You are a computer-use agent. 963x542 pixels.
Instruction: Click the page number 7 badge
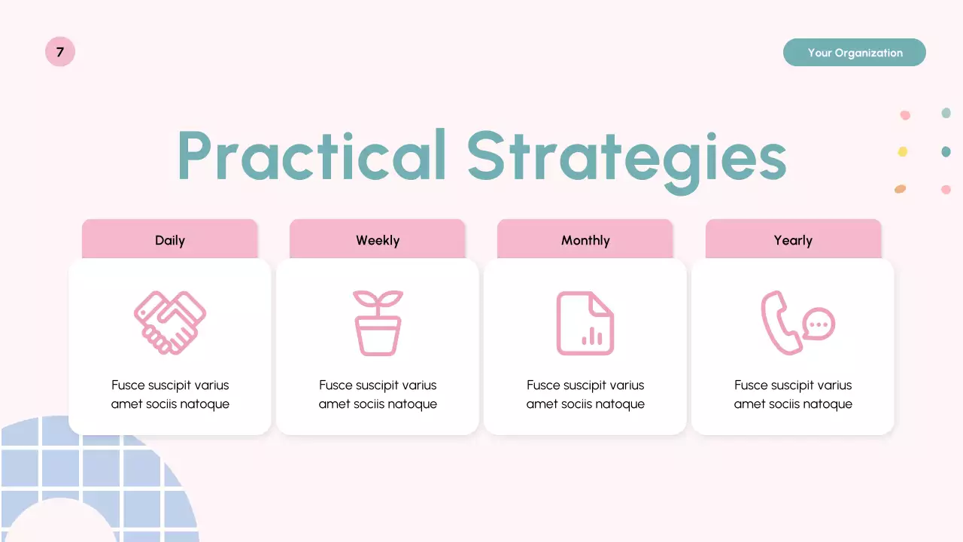tap(60, 52)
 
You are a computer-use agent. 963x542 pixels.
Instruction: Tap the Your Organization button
tap(854, 53)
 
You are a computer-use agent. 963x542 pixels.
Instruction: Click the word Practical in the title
tap(312, 156)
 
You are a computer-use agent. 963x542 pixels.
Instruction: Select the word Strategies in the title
tap(626, 158)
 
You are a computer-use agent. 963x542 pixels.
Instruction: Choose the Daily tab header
tap(170, 240)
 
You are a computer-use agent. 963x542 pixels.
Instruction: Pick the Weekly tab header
tap(378, 240)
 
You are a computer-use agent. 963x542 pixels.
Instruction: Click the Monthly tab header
tap(585, 240)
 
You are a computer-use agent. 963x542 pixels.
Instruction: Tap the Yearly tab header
tap(793, 240)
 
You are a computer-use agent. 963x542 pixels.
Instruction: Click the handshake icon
tap(170, 323)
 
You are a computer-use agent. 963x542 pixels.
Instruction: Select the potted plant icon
tap(378, 323)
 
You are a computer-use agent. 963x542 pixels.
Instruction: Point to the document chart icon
tap(585, 323)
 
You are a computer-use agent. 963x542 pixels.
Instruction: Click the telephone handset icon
tap(779, 323)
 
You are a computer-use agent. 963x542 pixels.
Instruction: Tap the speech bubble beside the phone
tap(819, 324)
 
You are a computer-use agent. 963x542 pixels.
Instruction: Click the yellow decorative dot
tap(903, 152)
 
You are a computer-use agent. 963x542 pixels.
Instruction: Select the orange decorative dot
tap(900, 189)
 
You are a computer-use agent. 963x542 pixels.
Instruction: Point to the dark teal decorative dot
tap(946, 152)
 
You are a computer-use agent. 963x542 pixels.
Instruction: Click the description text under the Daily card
tap(170, 394)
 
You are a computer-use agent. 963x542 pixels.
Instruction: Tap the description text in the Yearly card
tap(793, 394)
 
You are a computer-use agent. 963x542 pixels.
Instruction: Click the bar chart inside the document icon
tap(592, 336)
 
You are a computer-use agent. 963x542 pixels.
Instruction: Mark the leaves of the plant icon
tap(378, 299)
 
